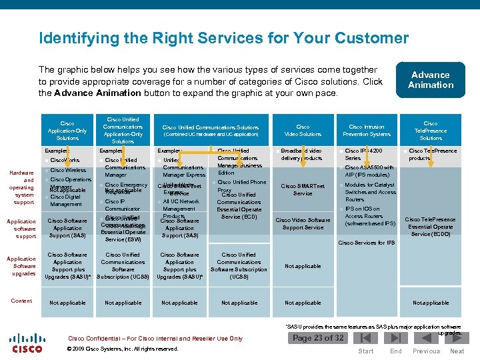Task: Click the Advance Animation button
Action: pyautogui.click(x=430, y=80)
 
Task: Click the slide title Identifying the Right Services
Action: pyautogui.click(x=223, y=37)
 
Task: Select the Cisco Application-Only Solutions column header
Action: pyautogui.click(x=67, y=131)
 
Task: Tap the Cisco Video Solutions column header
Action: pyautogui.click(x=303, y=130)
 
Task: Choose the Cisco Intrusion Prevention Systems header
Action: pyautogui.click(x=367, y=130)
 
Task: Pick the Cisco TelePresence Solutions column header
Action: pyautogui.click(x=431, y=131)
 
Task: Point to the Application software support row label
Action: pyautogui.click(x=22, y=229)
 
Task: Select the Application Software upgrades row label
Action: pyautogui.click(x=22, y=266)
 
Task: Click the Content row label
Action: pyautogui.click(x=21, y=301)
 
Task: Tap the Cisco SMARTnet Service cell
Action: pyautogui.click(x=303, y=189)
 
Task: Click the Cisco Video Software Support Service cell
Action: pyautogui.click(x=303, y=223)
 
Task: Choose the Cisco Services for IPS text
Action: pyautogui.click(x=367, y=243)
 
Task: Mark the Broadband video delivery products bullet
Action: pyautogui.click(x=302, y=155)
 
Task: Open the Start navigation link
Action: pyautogui.click(x=366, y=351)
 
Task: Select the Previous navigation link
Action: pyautogui.click(x=426, y=351)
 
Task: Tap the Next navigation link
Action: pyautogui.click(x=457, y=351)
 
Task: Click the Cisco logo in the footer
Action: pyautogui.click(x=27, y=343)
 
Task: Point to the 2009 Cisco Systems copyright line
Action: pyautogui.click(x=123, y=349)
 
